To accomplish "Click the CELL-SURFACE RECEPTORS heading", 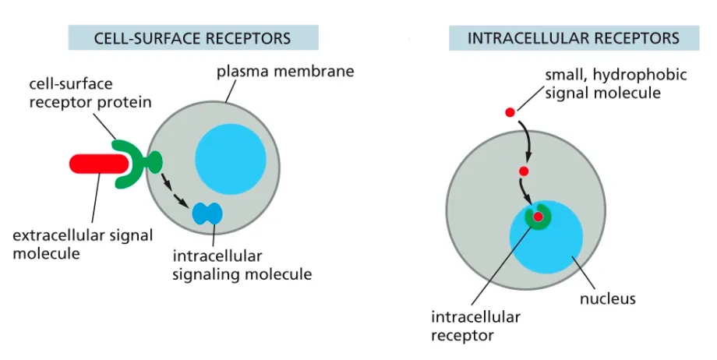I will (192, 37).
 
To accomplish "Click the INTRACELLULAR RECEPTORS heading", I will (573, 37).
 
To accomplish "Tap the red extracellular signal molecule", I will (97, 163).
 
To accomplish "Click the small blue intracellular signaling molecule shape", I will (207, 214).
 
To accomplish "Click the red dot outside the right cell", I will (510, 112).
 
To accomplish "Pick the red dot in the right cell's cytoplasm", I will (525, 171).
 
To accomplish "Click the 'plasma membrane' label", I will (285, 72).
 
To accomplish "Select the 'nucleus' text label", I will (609, 298).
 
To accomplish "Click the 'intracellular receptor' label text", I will (475, 326).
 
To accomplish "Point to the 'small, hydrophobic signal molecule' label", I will (616, 83).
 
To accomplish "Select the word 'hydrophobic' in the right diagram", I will (647, 74).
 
